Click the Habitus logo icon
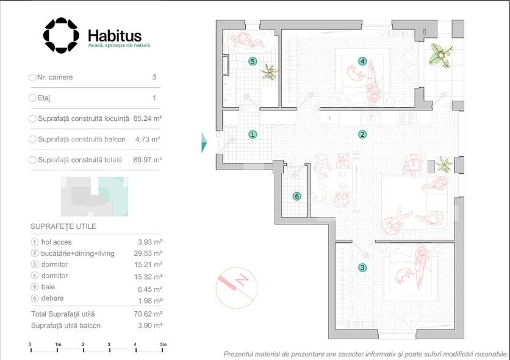pos(61,35)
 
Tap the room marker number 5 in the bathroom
pos(253,61)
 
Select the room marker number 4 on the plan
pos(362,61)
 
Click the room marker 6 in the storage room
pos(296,196)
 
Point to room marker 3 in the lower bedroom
pos(362,268)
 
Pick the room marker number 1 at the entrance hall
pos(253,134)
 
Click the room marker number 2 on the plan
pos(362,134)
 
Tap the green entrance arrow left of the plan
pos(204,142)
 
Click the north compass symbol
pos(237,288)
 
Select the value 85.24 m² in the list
pos(148,119)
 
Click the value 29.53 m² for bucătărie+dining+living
pos(148,253)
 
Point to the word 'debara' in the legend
pos(52,298)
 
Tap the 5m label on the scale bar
pos(163,344)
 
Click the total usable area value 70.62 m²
pos(148,314)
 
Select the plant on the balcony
pos(440,56)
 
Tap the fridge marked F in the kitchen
pos(330,118)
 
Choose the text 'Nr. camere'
pos(55,77)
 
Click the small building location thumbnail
pos(95,196)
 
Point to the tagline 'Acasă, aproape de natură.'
pos(120,46)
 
